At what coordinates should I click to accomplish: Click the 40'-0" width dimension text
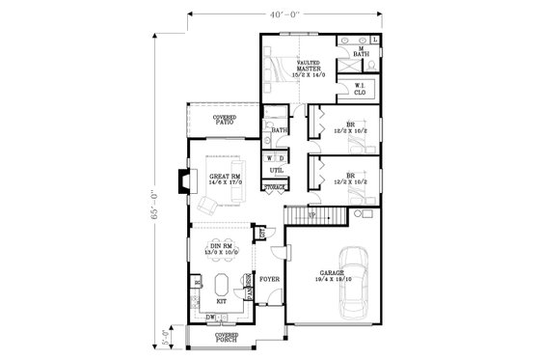tap(287, 14)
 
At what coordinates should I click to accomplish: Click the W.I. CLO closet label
tap(359, 89)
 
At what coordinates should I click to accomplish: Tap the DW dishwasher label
tap(210, 316)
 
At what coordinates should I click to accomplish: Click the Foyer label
tap(269, 280)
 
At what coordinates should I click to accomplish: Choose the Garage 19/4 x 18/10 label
tap(329, 277)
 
